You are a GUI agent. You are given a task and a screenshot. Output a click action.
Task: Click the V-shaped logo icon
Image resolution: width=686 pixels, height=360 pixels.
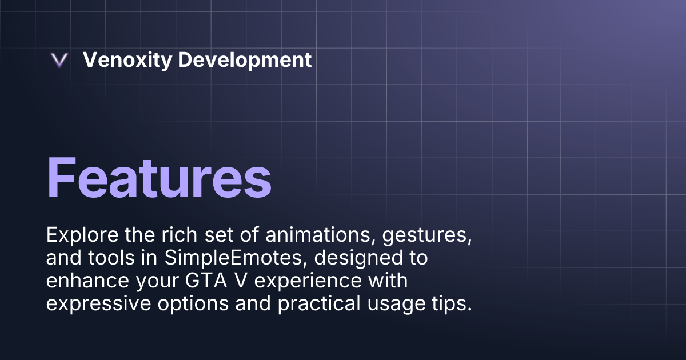click(59, 60)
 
